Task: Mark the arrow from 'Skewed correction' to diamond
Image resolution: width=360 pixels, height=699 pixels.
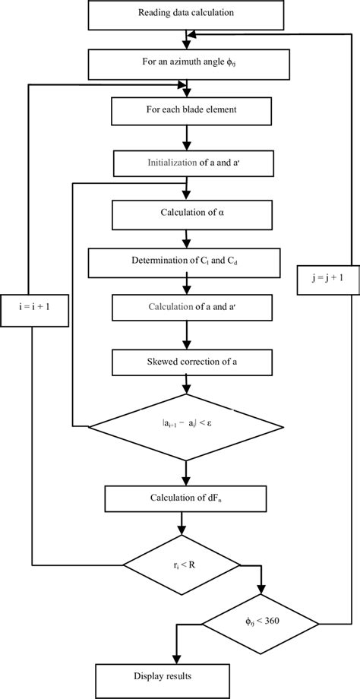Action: coord(185,385)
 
